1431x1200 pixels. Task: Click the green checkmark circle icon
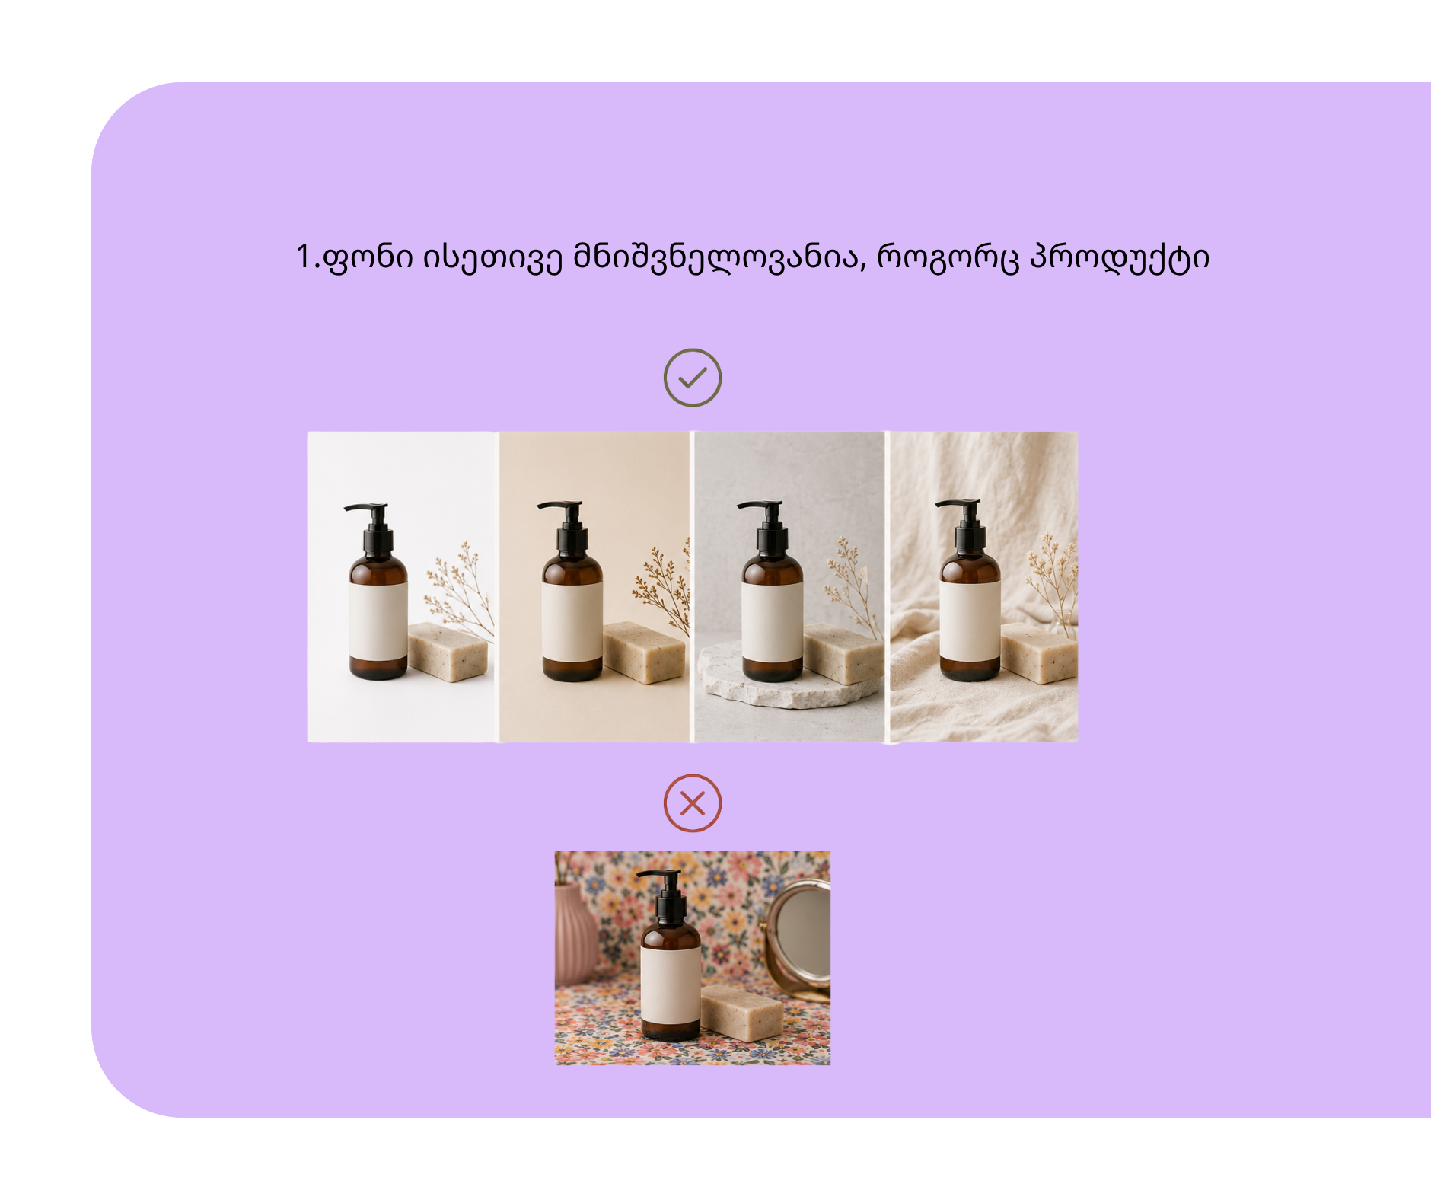[692, 378]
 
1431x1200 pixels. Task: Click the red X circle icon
[692, 803]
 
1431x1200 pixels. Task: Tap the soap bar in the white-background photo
[448, 651]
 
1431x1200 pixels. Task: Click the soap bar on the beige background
[644, 652]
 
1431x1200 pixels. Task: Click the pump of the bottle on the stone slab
[766, 526]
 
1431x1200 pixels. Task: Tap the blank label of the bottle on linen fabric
[969, 621]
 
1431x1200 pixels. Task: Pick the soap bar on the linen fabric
[1038, 653]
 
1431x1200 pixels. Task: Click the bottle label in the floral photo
[670, 986]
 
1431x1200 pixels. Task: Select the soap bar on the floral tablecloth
[741, 1013]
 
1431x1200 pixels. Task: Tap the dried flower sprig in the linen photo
[1055, 579]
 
